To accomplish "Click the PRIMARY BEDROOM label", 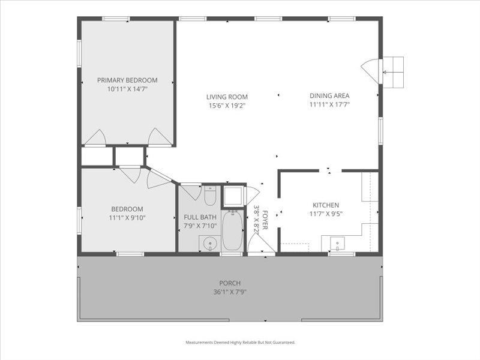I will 127,80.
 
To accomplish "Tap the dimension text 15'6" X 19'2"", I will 227,106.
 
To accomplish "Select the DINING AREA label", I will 329,95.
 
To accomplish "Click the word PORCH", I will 229,283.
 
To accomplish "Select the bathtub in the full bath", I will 232,232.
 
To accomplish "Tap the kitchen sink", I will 337,245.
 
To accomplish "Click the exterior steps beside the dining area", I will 393,71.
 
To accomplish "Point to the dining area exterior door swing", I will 373,71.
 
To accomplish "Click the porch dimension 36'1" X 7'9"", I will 229,292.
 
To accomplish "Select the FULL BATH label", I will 200,217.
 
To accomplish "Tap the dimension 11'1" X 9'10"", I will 127,218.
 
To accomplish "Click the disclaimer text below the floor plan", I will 240,343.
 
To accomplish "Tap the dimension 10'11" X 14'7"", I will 127,89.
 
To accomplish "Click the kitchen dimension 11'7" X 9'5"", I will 325,213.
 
